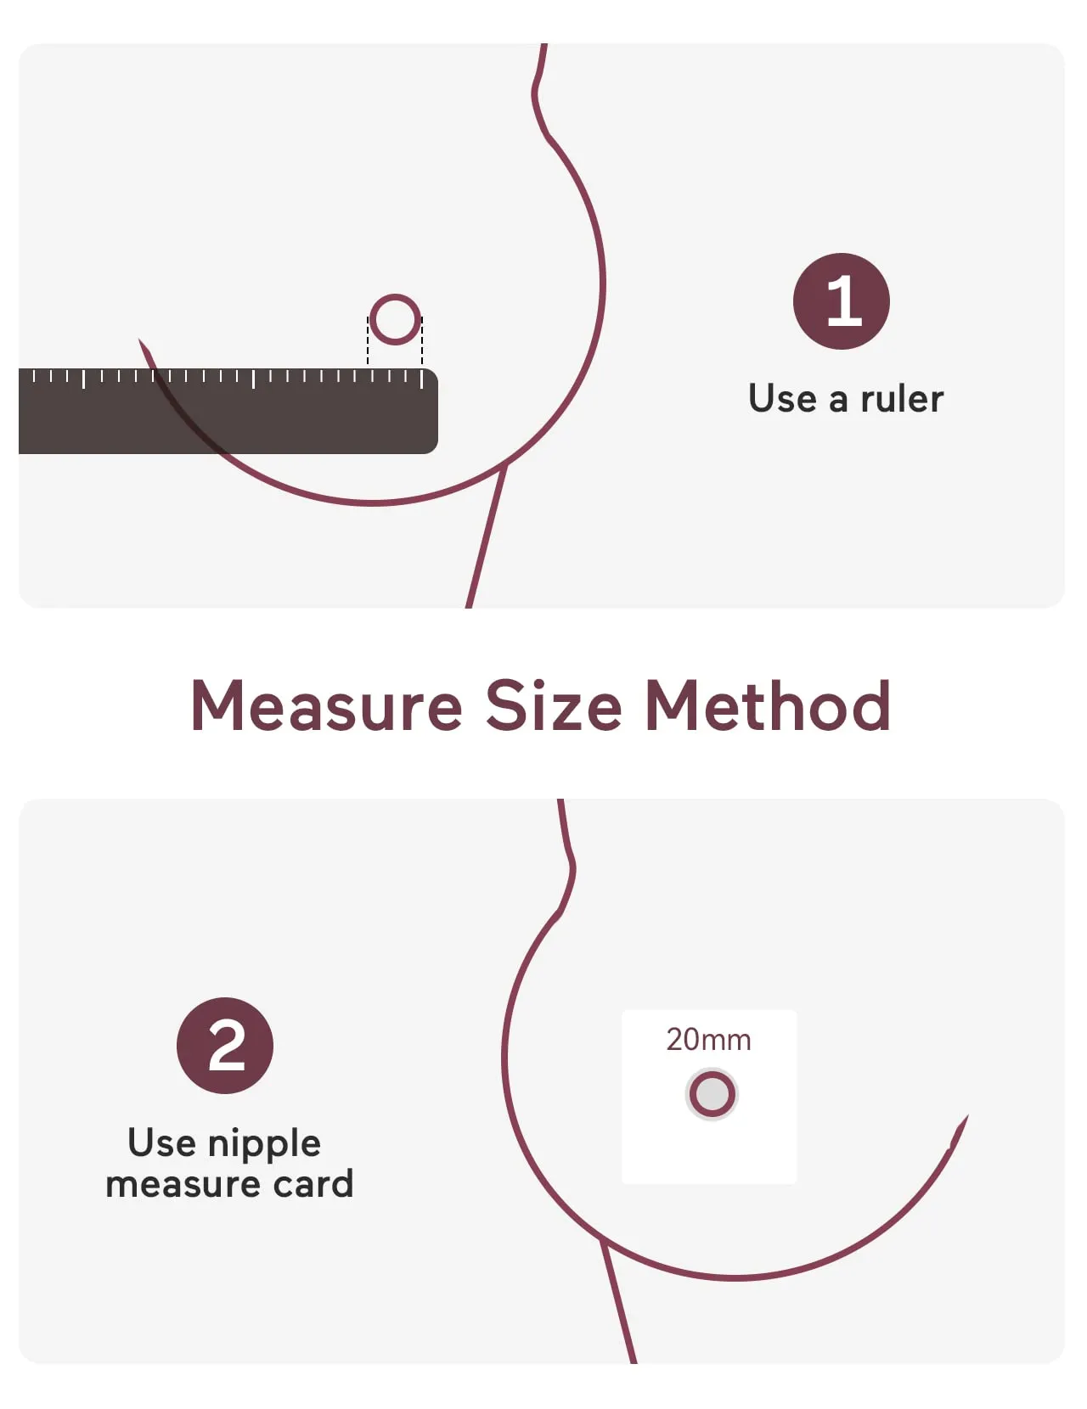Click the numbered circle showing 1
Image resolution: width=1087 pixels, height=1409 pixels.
pyautogui.click(x=841, y=301)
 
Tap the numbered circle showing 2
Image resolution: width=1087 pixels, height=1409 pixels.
pyautogui.click(x=224, y=1045)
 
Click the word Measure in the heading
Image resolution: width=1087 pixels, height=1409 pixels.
pyautogui.click(x=326, y=706)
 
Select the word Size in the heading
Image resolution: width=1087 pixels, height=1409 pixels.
pyautogui.click(x=553, y=706)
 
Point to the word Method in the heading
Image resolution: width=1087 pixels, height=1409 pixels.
pyautogui.click(x=767, y=706)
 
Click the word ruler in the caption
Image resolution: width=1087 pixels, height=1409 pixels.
pyautogui.click(x=902, y=398)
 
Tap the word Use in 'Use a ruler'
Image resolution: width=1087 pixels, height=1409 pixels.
pyautogui.click(x=781, y=398)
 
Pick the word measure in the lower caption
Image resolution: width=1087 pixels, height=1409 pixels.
pyautogui.click(x=183, y=1186)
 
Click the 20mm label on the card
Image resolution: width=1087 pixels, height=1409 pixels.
pyautogui.click(x=708, y=1040)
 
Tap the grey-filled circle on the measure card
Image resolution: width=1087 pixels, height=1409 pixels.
pyautogui.click(x=712, y=1094)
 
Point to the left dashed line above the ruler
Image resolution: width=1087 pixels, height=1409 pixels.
pyautogui.click(x=368, y=342)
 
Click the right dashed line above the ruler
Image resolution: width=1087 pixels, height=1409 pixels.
pyautogui.click(x=422, y=342)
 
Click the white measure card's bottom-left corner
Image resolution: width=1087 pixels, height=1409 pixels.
pyautogui.click(x=623, y=1182)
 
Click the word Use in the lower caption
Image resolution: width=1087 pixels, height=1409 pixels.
pyautogui.click(x=161, y=1143)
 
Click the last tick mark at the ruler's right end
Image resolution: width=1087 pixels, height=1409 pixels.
pyautogui.click(x=421, y=379)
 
